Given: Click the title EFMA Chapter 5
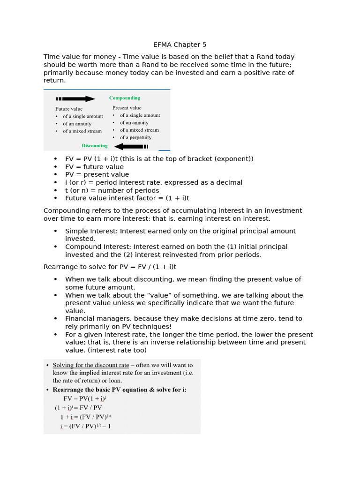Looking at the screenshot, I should coord(180,45).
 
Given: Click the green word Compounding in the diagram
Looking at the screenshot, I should coord(124,98).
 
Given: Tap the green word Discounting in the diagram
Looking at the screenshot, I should coord(95,146).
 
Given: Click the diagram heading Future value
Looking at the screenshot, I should coord(69,109).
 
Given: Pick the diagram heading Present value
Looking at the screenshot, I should coord(127,108).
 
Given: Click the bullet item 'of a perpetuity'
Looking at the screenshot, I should coord(135,137).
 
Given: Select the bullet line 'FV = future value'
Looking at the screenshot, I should coord(94,167).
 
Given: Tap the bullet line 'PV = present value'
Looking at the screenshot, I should coord(97,175).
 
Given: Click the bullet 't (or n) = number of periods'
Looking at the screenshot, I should coord(112,190).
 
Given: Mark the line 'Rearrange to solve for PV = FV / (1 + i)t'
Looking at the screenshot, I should coord(110,267).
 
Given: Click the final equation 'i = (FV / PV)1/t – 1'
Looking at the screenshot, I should coord(85,426).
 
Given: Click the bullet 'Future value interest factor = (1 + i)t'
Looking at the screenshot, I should coord(127,198).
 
